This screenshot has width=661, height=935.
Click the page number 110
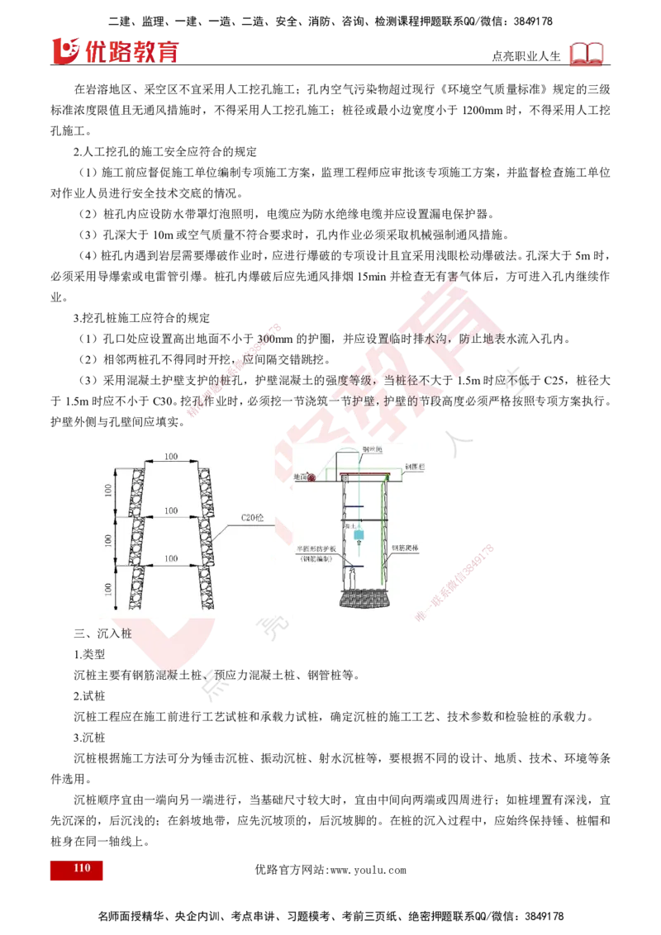pyautogui.click(x=81, y=868)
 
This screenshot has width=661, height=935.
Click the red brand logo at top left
pyautogui.click(x=115, y=50)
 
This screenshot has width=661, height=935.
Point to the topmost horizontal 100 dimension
pyautogui.click(x=171, y=457)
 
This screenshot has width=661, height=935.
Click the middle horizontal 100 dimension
pyautogui.click(x=171, y=511)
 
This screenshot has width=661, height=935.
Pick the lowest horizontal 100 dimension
pyautogui.click(x=171, y=559)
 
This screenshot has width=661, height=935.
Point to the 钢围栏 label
pyautogui.click(x=414, y=467)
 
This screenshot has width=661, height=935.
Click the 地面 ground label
pyautogui.click(x=301, y=477)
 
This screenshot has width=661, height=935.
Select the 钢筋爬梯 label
pyautogui.click(x=406, y=548)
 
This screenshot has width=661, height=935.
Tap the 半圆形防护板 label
pyautogui.click(x=318, y=547)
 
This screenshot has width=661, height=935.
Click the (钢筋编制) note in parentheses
pyautogui.click(x=318, y=558)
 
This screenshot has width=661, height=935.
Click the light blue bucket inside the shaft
pyautogui.click(x=359, y=535)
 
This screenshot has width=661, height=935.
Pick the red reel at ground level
pyautogui.click(x=311, y=477)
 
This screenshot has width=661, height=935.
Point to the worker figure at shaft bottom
pyautogui.click(x=352, y=572)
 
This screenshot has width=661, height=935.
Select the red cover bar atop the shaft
pyautogui.click(x=363, y=475)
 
